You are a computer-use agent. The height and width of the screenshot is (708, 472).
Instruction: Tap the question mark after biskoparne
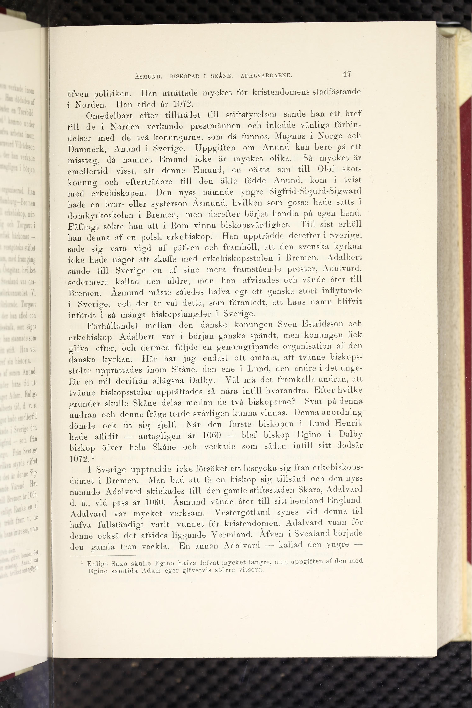[294, 402]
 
